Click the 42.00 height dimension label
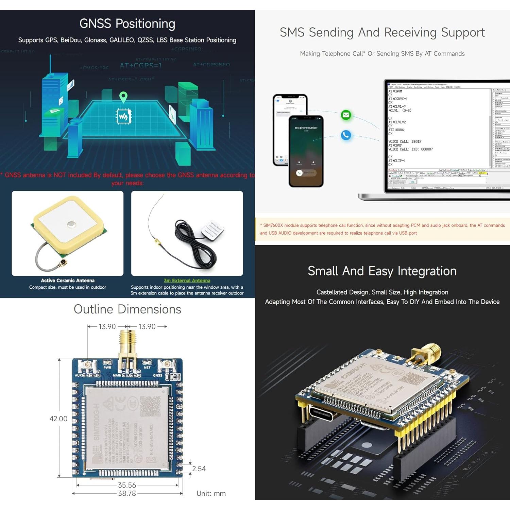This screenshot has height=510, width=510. (x=58, y=419)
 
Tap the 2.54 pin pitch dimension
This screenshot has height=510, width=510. (x=199, y=469)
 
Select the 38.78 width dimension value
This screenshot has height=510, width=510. (x=127, y=493)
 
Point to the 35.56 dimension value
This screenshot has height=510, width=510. (x=127, y=485)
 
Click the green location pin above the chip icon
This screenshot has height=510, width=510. (x=123, y=97)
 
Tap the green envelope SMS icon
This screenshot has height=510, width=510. (x=346, y=115)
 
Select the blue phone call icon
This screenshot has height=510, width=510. (x=346, y=135)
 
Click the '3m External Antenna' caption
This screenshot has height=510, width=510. (x=187, y=280)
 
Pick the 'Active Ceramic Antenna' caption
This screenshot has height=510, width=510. (x=68, y=280)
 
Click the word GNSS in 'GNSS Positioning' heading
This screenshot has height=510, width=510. (x=95, y=24)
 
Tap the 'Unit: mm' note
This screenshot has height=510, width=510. (x=211, y=493)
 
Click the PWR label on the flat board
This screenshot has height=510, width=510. (x=107, y=368)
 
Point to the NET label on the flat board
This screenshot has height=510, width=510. (x=147, y=368)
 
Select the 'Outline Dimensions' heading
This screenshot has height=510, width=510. (x=128, y=309)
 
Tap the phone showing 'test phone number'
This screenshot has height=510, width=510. (x=306, y=151)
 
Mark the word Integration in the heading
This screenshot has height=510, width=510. (x=427, y=271)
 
